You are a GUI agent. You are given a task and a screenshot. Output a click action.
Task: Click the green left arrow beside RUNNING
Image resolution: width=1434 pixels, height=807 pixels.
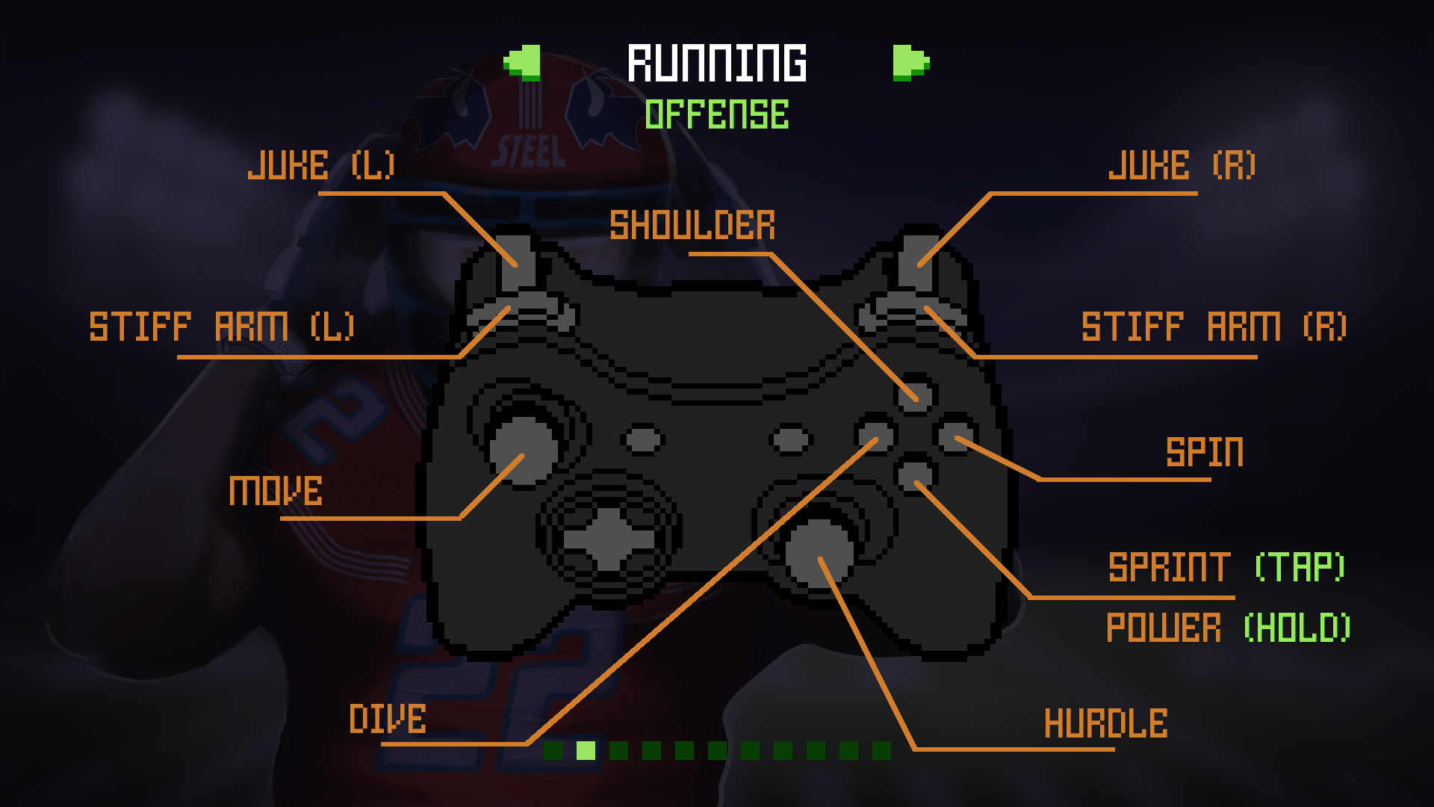523,63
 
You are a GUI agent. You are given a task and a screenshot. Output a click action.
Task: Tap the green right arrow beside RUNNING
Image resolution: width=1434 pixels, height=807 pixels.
910,63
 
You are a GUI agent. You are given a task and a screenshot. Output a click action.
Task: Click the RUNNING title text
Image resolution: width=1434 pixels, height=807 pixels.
717,63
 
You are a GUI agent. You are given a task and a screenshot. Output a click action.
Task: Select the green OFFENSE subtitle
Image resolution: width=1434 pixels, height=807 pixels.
717,115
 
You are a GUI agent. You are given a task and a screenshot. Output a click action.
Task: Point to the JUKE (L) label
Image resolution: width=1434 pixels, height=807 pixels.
321,165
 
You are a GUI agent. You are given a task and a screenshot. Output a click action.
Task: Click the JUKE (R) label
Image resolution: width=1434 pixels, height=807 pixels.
1182,165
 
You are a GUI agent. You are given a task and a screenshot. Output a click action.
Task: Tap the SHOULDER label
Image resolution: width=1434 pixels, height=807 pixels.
692,226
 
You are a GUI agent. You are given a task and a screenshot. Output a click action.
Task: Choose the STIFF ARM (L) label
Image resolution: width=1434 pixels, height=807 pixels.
222,327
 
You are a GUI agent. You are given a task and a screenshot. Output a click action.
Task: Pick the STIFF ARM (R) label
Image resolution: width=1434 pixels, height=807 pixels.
1214,327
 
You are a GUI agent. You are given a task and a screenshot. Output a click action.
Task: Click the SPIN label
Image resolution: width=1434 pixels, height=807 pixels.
1205,452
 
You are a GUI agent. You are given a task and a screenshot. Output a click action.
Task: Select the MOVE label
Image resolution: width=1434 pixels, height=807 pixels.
276,491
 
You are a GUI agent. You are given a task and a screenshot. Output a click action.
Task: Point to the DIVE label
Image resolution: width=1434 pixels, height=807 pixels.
388,719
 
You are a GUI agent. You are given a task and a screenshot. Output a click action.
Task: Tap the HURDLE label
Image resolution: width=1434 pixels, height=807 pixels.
1105,723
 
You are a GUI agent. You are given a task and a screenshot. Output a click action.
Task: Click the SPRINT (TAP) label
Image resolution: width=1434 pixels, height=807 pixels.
1226,567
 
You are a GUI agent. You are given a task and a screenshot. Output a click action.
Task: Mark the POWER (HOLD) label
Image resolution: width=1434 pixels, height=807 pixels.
1228,628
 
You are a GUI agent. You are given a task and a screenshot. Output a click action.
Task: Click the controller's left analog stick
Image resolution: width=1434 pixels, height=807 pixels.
523,450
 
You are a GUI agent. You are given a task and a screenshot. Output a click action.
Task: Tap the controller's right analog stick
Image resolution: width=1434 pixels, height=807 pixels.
819,553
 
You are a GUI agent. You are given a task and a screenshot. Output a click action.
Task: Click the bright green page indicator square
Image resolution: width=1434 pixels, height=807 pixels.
586,750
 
